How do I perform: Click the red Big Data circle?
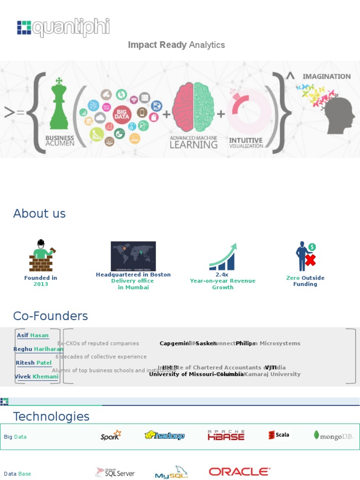(x=121, y=114)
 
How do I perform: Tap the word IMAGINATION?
(x=326, y=76)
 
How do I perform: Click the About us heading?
(x=39, y=213)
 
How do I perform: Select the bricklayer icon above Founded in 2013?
(x=41, y=256)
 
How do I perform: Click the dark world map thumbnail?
(x=133, y=256)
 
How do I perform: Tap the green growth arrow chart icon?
(x=223, y=256)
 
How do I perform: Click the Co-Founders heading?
(x=51, y=316)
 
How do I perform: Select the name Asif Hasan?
(x=33, y=335)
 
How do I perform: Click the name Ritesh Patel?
(x=34, y=363)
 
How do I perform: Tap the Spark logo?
(x=111, y=435)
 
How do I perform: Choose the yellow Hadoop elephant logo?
(x=164, y=435)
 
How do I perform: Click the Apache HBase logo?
(x=226, y=435)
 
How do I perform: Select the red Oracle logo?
(x=239, y=472)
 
